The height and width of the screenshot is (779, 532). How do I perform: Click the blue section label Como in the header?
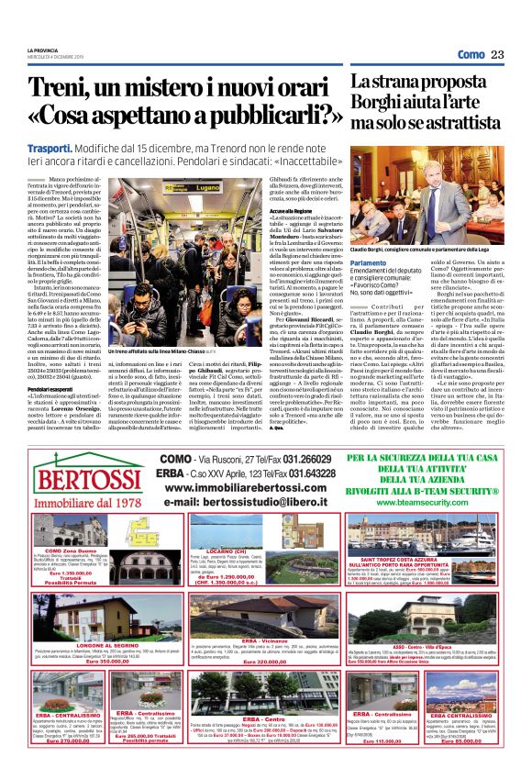pyautogui.click(x=470, y=55)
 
